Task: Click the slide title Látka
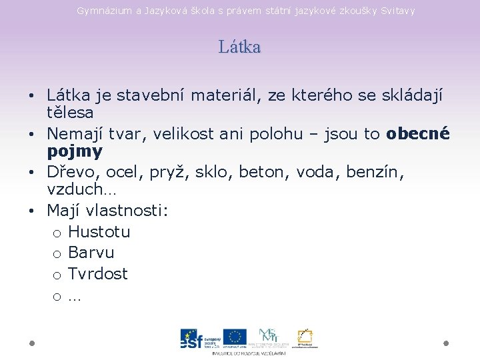(x=239, y=47)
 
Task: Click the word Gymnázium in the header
(x=101, y=11)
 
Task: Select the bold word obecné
(x=418, y=134)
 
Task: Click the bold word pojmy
(x=75, y=151)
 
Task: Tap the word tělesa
(x=70, y=113)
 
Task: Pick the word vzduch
(x=73, y=189)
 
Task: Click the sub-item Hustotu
(x=99, y=232)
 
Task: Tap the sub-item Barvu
(x=91, y=253)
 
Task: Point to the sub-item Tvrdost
(x=98, y=273)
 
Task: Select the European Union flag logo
(x=235, y=337)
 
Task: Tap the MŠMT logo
(x=269, y=337)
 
